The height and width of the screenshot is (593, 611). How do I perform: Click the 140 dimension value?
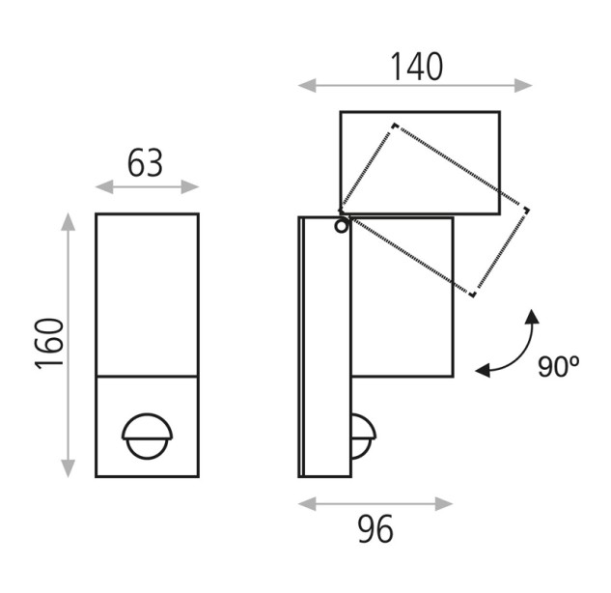point(417,67)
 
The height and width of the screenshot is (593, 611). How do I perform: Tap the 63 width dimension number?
point(145,163)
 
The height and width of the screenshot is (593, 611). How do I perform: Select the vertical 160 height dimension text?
point(49,344)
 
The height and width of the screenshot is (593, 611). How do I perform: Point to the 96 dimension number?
point(375,529)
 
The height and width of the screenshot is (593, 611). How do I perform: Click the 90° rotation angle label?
point(558,366)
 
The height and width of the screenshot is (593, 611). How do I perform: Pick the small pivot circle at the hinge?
point(342,226)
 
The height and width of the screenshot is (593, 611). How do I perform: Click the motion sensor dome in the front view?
point(147,436)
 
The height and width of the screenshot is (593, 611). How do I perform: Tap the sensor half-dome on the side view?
point(364,437)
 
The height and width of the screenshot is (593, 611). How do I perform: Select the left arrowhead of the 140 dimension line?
point(307,85)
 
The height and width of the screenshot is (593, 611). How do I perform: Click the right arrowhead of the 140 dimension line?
point(523,85)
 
